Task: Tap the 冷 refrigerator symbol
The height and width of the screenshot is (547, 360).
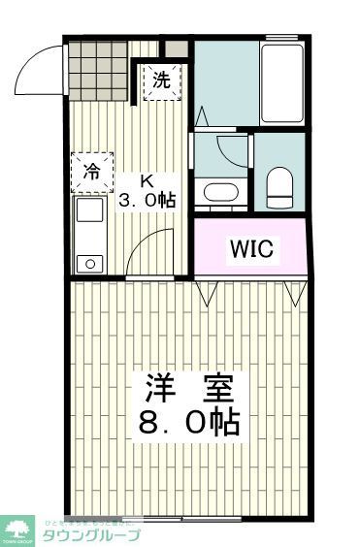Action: click(x=91, y=173)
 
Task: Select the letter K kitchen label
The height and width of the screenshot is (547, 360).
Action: click(x=146, y=181)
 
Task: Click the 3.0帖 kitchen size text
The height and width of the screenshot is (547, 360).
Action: click(x=147, y=202)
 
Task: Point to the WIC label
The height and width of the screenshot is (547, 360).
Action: click(x=252, y=248)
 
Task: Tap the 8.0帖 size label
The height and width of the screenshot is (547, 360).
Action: click(x=191, y=424)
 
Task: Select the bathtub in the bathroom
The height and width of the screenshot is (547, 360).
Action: click(x=282, y=82)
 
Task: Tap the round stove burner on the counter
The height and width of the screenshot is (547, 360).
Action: click(x=90, y=262)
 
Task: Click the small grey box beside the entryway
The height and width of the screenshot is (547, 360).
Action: click(x=176, y=49)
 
